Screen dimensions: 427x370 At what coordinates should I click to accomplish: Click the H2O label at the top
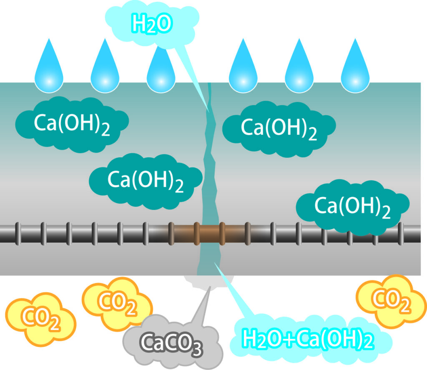click(152, 24)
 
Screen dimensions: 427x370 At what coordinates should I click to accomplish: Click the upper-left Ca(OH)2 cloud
click(72, 124)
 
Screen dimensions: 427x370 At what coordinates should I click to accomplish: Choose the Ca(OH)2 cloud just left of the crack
click(146, 181)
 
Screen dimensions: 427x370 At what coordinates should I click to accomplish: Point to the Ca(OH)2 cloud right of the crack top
click(279, 129)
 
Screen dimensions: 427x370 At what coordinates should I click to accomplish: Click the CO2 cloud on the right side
click(391, 301)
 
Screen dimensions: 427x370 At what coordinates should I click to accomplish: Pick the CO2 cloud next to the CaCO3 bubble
click(117, 304)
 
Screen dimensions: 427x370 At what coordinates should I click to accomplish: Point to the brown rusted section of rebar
click(210, 234)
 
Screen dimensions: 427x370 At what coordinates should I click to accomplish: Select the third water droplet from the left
click(161, 68)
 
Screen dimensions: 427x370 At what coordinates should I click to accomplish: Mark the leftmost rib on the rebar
click(18, 234)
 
